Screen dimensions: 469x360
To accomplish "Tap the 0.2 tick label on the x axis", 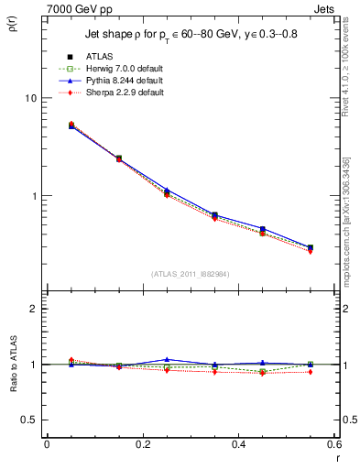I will tap(142, 444).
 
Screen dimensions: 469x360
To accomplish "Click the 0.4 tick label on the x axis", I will tap(238, 444).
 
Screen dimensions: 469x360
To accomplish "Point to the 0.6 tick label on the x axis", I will tap(333, 444).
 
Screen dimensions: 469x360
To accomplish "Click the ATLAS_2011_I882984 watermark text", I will tap(190, 273).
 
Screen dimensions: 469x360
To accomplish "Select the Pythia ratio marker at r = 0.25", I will tap(167, 360).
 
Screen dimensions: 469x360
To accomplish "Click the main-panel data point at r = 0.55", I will tap(310, 247).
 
